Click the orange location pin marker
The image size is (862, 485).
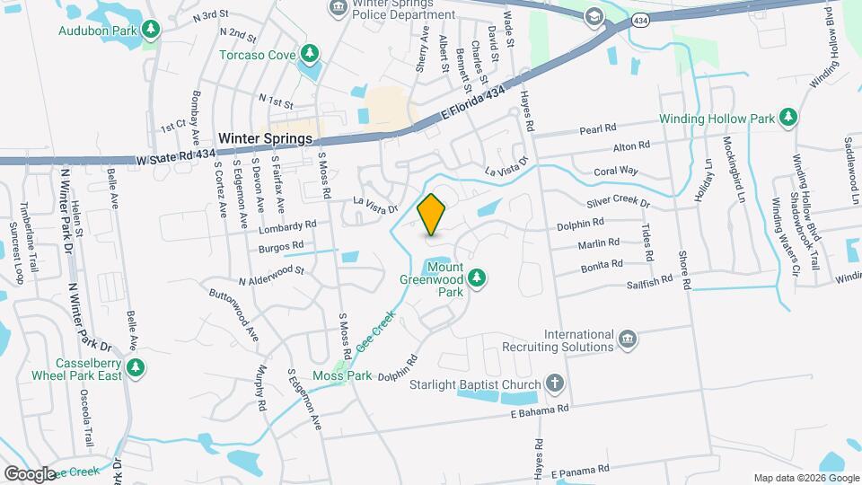coord(432,215)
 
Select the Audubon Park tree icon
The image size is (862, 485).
coord(153,30)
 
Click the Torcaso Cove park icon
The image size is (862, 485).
coord(310,53)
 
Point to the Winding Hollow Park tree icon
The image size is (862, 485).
coord(787,118)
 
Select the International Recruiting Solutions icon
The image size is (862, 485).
coord(628,338)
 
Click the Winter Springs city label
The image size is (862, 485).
coord(265,139)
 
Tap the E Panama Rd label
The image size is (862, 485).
coord(580,468)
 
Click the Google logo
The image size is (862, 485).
coord(30,473)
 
